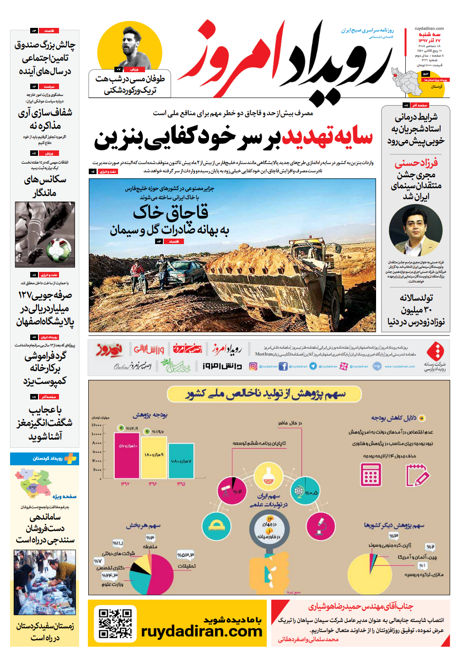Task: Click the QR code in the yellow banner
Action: pyautogui.click(x=115, y=622)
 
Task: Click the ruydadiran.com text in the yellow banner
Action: pyautogui.click(x=201, y=632)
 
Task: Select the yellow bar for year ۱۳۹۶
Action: pyautogui.click(x=154, y=458)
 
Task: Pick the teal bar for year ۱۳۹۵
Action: pyautogui.click(x=181, y=461)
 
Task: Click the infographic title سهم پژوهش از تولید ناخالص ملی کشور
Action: pyautogui.click(x=265, y=394)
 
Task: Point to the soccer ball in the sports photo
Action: pyautogui.click(x=59, y=250)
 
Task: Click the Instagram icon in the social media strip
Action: pyautogui.click(x=253, y=366)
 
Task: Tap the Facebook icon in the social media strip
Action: pyautogui.click(x=283, y=366)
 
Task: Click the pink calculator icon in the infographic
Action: pyautogui.click(x=371, y=474)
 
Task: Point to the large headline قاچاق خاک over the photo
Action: pyautogui.click(x=171, y=212)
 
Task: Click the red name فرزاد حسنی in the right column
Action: pyautogui.click(x=416, y=163)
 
